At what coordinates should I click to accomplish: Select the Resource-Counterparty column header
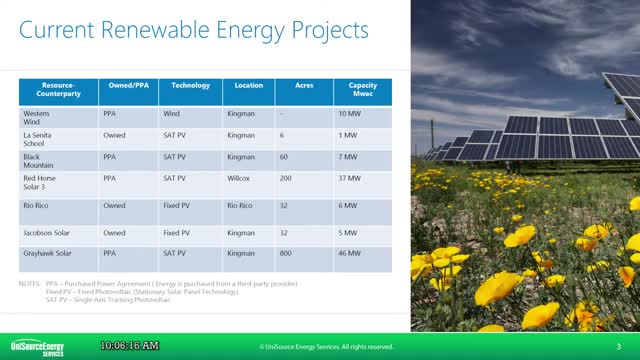(x=58, y=91)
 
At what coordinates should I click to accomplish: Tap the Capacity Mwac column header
(x=362, y=91)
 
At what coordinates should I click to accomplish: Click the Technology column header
(x=190, y=86)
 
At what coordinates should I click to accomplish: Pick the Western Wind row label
(x=37, y=118)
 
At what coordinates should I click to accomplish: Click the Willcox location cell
(x=239, y=176)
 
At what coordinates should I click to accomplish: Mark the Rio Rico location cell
(x=241, y=206)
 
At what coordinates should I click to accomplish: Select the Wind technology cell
(x=172, y=113)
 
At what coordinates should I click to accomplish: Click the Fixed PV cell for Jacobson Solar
(x=179, y=232)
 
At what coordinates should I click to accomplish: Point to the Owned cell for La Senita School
(x=115, y=134)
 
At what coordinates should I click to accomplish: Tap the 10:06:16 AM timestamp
(x=129, y=345)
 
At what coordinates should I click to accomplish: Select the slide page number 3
(x=619, y=346)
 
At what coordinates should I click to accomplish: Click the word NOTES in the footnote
(x=30, y=283)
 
